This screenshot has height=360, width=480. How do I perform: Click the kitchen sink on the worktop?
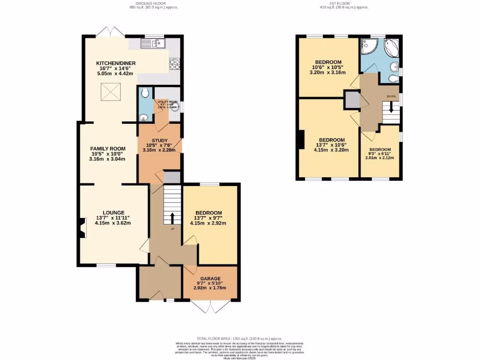pyautogui.click(x=151, y=44)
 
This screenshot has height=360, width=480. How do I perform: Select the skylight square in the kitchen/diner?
pyautogui.click(x=111, y=91)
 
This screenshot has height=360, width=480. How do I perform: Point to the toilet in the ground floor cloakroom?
pyautogui.click(x=145, y=93)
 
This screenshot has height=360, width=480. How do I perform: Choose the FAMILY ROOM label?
pyautogui.click(x=107, y=149)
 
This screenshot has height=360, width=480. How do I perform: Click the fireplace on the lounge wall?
pyautogui.click(x=82, y=228)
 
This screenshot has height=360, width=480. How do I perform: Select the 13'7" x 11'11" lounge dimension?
pyautogui.click(x=112, y=217)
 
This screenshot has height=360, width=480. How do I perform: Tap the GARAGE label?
pyautogui.click(x=210, y=278)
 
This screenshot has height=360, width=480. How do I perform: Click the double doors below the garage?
pyautogui.click(x=210, y=307)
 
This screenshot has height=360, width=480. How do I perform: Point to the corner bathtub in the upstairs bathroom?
pyautogui.click(x=391, y=48)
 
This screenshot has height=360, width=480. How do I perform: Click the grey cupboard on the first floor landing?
pyautogui.click(x=351, y=99)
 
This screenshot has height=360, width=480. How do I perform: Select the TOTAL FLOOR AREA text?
pyautogui.click(x=239, y=338)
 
